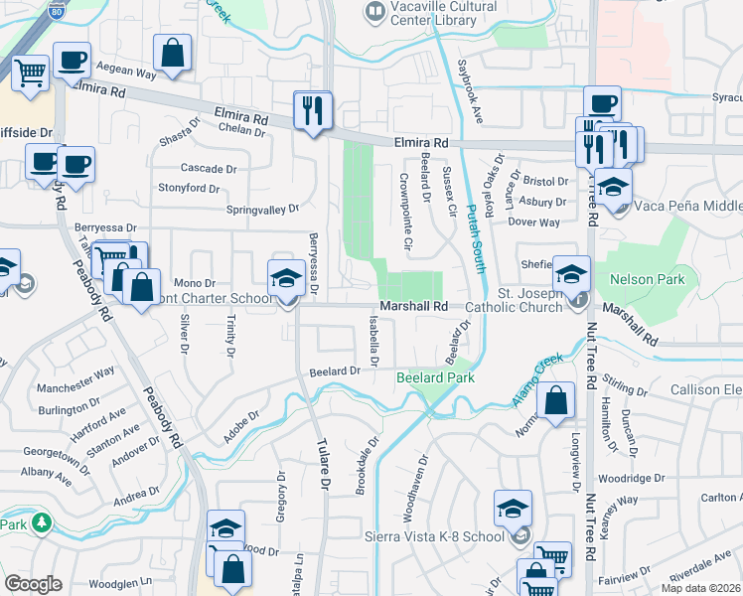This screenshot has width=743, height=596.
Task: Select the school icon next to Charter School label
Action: coord(286,279)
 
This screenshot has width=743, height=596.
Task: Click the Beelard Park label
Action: coord(435,377)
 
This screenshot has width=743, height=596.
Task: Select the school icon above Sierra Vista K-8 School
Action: coord(513,510)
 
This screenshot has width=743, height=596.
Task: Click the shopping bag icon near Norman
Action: coord(557,402)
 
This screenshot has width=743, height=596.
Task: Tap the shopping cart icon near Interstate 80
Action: coord(31,73)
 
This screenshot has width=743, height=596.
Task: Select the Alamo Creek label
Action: coord(539,376)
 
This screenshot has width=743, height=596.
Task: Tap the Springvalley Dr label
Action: coord(262,210)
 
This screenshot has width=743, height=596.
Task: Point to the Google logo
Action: coord(33,584)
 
